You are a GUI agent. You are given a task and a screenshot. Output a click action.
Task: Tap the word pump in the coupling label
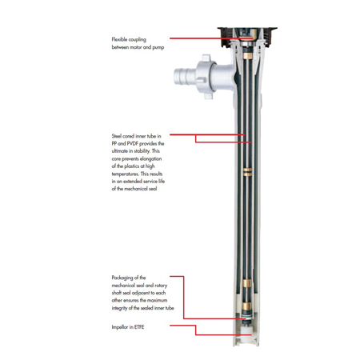pos(158,47)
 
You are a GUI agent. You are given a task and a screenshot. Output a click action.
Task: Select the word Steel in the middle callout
pos(116,136)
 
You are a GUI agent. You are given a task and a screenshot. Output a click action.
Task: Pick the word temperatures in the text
pos(126,174)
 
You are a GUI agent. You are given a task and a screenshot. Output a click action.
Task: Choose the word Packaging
pos(122,278)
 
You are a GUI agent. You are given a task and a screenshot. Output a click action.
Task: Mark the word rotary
pos(161,286)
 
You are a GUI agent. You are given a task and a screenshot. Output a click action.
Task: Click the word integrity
pos(119,308)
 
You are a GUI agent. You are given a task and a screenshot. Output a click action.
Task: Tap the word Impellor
pos(119,327)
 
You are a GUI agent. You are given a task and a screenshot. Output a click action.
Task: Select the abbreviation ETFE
pos(138,327)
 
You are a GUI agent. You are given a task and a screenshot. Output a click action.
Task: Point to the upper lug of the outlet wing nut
pos(206,58)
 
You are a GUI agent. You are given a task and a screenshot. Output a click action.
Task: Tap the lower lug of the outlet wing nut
pos(209,95)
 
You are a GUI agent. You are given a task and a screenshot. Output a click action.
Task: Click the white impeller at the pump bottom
pos(246,331)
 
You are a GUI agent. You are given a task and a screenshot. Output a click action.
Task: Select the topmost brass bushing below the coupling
pos(247,56)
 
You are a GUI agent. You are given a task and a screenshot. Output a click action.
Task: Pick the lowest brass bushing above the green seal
pos(246,306)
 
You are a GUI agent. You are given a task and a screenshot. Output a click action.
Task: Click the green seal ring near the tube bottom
pos(246,318)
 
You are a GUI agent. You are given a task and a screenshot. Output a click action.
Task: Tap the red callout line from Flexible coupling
pos(211,38)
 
